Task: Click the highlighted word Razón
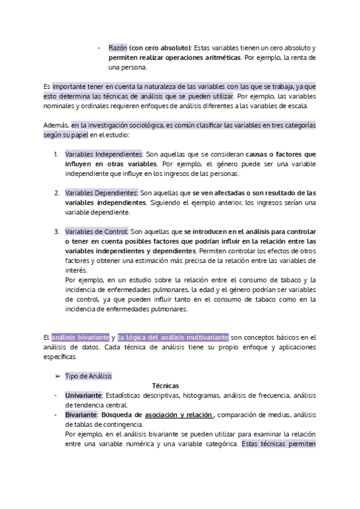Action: click(118, 47)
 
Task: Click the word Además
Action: click(56, 125)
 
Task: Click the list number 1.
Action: click(56, 154)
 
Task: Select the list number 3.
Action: click(56, 232)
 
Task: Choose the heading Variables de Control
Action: click(97, 232)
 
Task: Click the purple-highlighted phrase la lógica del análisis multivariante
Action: click(173, 337)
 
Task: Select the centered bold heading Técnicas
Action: click(166, 386)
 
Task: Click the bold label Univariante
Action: click(83, 396)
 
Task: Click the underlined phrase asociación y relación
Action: click(179, 415)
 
